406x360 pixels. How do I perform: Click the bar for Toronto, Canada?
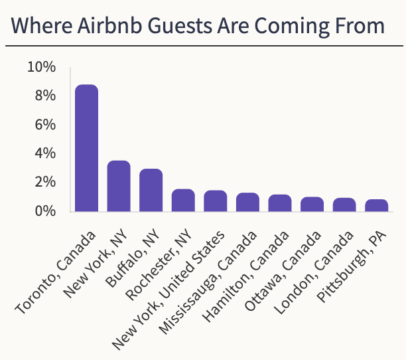tap(87, 148)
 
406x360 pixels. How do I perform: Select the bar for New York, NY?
tap(119, 186)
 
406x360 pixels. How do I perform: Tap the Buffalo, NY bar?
tap(151, 190)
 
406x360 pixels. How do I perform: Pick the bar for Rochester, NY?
tap(183, 201)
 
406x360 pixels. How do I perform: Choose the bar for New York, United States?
tap(216, 201)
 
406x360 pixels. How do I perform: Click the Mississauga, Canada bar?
tap(247, 203)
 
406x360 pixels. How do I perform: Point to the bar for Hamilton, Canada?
tap(280, 203)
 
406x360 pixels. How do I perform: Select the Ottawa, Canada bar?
tap(312, 205)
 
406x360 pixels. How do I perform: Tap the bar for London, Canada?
tap(344, 205)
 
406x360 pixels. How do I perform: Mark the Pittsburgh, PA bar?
tap(377, 206)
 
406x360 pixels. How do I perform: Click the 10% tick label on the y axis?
tap(41, 68)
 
